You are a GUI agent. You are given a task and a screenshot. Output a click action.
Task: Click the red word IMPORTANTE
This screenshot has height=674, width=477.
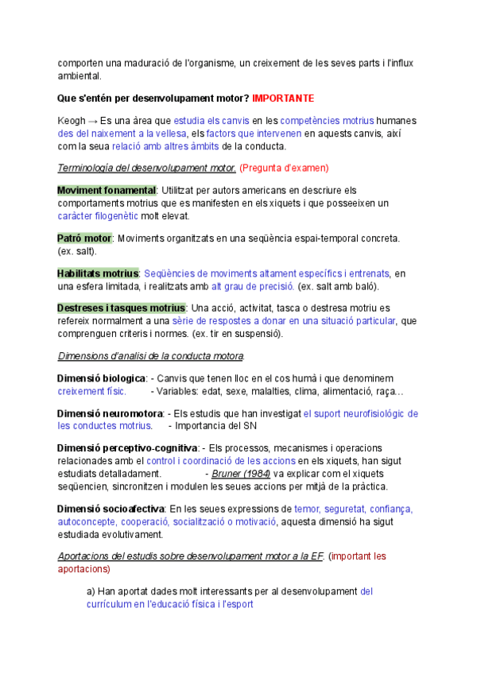(283, 99)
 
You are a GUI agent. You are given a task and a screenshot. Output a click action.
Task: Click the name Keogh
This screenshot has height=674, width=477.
(72, 120)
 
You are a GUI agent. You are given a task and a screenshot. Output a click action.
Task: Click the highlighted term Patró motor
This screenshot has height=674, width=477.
(84, 238)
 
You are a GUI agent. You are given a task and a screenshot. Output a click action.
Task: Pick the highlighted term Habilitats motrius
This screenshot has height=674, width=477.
(98, 273)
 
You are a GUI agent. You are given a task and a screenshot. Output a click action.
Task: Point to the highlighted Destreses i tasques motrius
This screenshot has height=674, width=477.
(122, 308)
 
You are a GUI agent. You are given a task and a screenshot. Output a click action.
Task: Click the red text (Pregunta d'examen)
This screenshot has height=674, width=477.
(284, 168)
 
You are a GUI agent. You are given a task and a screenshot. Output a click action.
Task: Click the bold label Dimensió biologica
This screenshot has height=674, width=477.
(102, 378)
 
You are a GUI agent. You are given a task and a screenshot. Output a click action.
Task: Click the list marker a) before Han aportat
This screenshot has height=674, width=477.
(90, 591)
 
